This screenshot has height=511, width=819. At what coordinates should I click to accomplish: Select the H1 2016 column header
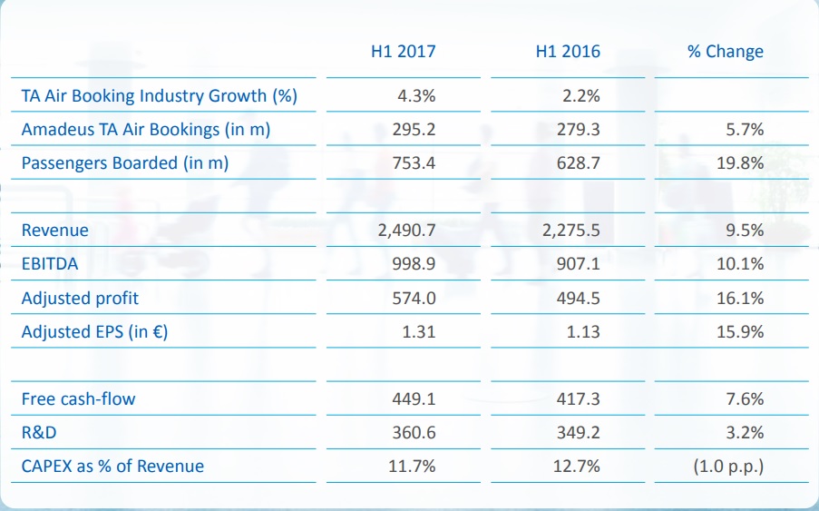pyautogui.click(x=568, y=52)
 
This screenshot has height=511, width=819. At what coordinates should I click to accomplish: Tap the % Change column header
pyautogui.click(x=725, y=52)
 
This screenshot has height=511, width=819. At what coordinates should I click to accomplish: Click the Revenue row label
pyautogui.click(x=55, y=231)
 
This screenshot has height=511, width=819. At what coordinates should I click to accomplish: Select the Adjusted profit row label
pyautogui.click(x=80, y=298)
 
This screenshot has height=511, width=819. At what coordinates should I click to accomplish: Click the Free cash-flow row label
pyautogui.click(x=79, y=398)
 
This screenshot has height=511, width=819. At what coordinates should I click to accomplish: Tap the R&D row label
pyautogui.click(x=40, y=432)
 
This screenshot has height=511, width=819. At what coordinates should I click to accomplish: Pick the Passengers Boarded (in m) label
pyautogui.click(x=125, y=163)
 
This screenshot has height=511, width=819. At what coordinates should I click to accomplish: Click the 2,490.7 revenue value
pyautogui.click(x=406, y=231)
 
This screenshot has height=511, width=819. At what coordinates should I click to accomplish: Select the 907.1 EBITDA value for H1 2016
pyautogui.click(x=578, y=264)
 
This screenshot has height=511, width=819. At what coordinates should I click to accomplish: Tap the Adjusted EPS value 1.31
pyautogui.click(x=418, y=332)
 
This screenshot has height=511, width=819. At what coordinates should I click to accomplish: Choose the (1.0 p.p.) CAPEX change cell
pyautogui.click(x=727, y=467)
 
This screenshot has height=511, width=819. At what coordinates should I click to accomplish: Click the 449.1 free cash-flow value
pyautogui.click(x=414, y=398)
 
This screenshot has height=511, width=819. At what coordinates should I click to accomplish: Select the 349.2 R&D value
pyautogui.click(x=578, y=432)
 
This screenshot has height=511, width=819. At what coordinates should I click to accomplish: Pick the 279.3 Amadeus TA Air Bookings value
pyautogui.click(x=578, y=130)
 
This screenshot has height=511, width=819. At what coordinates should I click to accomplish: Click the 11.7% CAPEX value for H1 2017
pyautogui.click(x=413, y=467)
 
